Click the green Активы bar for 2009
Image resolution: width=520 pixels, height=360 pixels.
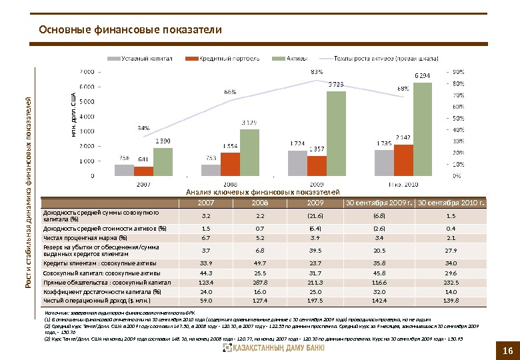click(x=337, y=133)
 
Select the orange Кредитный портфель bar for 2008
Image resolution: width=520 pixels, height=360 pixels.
click(x=230, y=164)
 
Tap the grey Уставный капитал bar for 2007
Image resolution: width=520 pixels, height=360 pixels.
click(x=124, y=169)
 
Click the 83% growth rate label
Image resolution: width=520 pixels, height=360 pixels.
click(x=317, y=71)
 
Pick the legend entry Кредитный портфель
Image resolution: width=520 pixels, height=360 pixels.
click(x=231, y=59)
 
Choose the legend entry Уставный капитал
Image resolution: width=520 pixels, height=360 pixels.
click(x=146, y=59)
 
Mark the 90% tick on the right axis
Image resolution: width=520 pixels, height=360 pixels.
click(x=459, y=71)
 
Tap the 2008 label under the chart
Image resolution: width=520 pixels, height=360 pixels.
click(x=231, y=183)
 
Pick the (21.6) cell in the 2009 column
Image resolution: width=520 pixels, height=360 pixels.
click(x=315, y=216)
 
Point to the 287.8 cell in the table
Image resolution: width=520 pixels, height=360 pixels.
click(x=259, y=283)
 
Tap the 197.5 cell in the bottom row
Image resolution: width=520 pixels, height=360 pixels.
click(x=315, y=301)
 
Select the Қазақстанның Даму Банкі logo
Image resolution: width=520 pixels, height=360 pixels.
click(x=274, y=348)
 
